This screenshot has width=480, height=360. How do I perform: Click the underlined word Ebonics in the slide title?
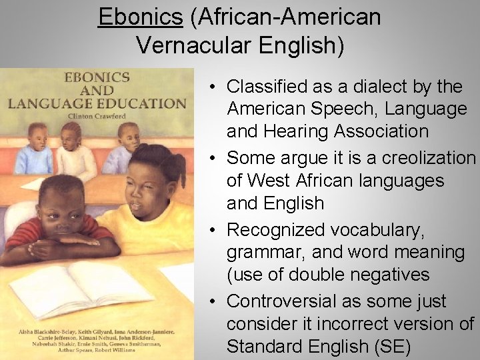pyautogui.click(x=140, y=17)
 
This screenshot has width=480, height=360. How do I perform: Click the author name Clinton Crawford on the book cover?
pyautogui.click(x=96, y=114)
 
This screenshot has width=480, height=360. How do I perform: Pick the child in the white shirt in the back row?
pyautogui.click(x=73, y=153)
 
